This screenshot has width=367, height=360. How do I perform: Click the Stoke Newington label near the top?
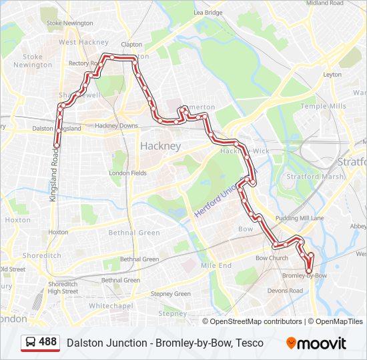(x=69, y=23)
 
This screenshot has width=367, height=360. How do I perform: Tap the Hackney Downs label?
(x=116, y=125)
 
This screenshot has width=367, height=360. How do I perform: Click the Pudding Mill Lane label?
(x=300, y=218)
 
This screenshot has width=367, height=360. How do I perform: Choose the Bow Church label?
(x=272, y=258)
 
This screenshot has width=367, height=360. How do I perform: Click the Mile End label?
(x=216, y=265)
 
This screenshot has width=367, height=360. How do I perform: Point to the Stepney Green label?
(x=171, y=293)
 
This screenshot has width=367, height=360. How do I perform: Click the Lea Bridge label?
(x=208, y=13)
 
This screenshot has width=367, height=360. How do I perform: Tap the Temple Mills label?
(x=323, y=106)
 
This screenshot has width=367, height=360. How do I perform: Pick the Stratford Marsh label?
(x=315, y=177)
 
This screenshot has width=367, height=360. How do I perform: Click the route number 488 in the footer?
(x=48, y=342)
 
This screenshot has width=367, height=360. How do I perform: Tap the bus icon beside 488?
(x=31, y=343)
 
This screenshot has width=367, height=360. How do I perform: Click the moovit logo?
(x=316, y=343)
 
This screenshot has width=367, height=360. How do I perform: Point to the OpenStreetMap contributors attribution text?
(x=256, y=321)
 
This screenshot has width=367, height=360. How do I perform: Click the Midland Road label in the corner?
(x=325, y=3)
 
